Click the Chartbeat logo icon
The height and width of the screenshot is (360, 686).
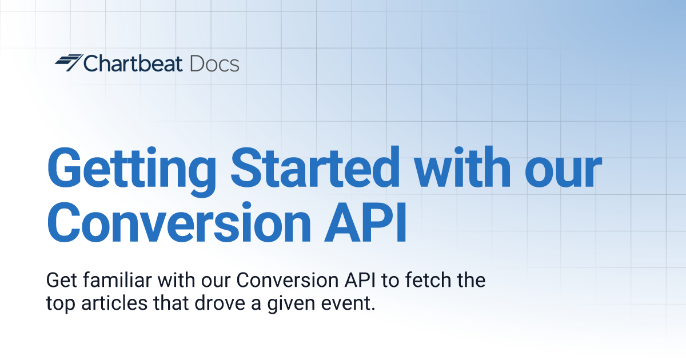tap(68, 62)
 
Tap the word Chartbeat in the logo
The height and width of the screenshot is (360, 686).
tap(133, 63)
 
